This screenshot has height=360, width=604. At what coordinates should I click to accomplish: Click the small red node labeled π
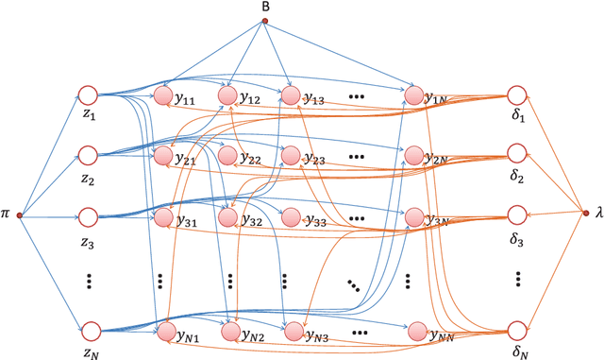coord(19,215)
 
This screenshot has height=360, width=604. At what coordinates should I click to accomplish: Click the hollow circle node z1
coord(88,95)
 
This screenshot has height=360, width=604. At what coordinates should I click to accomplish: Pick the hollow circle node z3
coord(88,215)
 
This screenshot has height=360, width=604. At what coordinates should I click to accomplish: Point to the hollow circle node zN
coord(90,330)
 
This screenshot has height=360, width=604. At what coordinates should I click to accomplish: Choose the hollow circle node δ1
coord(516,95)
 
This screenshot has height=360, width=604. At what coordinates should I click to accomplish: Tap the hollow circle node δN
coord(516,330)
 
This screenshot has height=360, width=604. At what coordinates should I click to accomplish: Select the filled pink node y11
coord(163,95)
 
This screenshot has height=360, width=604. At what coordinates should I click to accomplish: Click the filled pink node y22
coord(226,154)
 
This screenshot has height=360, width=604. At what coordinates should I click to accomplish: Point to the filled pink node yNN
coord(416,331)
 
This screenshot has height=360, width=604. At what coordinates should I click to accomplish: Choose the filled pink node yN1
coord(163,331)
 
